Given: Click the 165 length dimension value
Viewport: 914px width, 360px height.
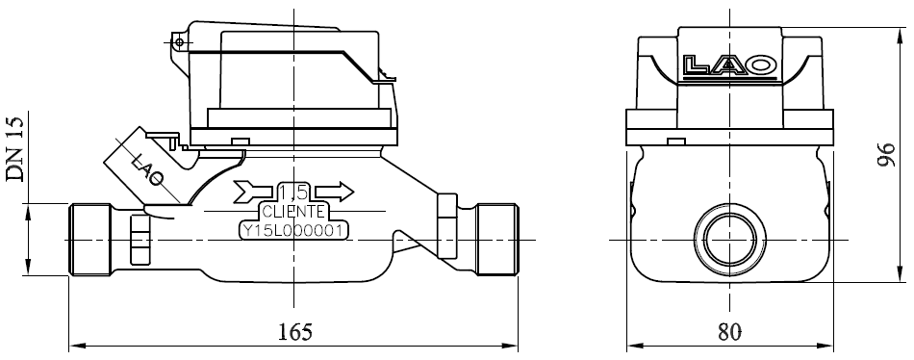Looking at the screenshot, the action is (x=295, y=331).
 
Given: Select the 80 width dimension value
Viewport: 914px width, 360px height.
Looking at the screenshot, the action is (x=730, y=331).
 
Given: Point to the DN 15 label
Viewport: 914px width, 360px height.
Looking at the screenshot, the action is (x=15, y=149).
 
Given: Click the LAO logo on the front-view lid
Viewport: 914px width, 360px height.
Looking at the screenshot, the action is (x=731, y=66).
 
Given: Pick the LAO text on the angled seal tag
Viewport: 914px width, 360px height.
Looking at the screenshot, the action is (x=147, y=168).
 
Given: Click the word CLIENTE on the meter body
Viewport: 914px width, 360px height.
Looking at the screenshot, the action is (x=293, y=211).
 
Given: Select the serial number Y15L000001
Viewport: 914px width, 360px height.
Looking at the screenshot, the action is (x=294, y=230).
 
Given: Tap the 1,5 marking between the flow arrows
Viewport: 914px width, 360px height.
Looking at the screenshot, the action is (x=294, y=192).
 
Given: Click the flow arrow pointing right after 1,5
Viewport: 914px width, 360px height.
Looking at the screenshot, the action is (x=335, y=192).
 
